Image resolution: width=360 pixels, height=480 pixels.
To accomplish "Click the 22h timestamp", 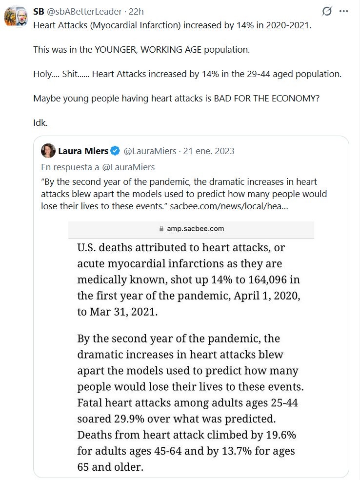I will tap(136, 11).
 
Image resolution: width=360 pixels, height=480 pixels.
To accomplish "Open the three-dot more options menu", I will tap(344, 11).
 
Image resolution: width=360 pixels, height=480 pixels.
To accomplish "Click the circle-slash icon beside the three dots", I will tap(327, 11).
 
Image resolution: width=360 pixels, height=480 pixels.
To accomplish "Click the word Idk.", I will tap(40, 122).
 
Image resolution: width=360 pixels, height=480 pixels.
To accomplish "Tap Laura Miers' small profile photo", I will tap(48, 151).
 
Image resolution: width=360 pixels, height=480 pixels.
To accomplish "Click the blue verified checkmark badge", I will tap(115, 151).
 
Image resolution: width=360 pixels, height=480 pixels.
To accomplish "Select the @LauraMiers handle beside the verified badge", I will tap(150, 151).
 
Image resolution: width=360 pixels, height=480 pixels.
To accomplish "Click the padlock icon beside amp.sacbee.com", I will tap(162, 229).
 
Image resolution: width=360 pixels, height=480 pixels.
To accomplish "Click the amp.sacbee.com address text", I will tap(196, 229).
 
